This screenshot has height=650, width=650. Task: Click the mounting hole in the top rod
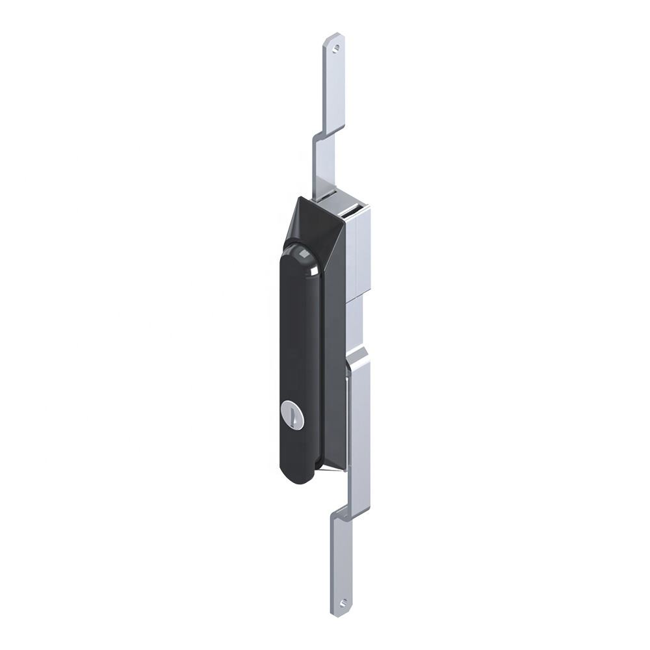335,46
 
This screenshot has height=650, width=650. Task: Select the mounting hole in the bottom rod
343,603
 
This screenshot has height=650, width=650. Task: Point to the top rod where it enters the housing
325,185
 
